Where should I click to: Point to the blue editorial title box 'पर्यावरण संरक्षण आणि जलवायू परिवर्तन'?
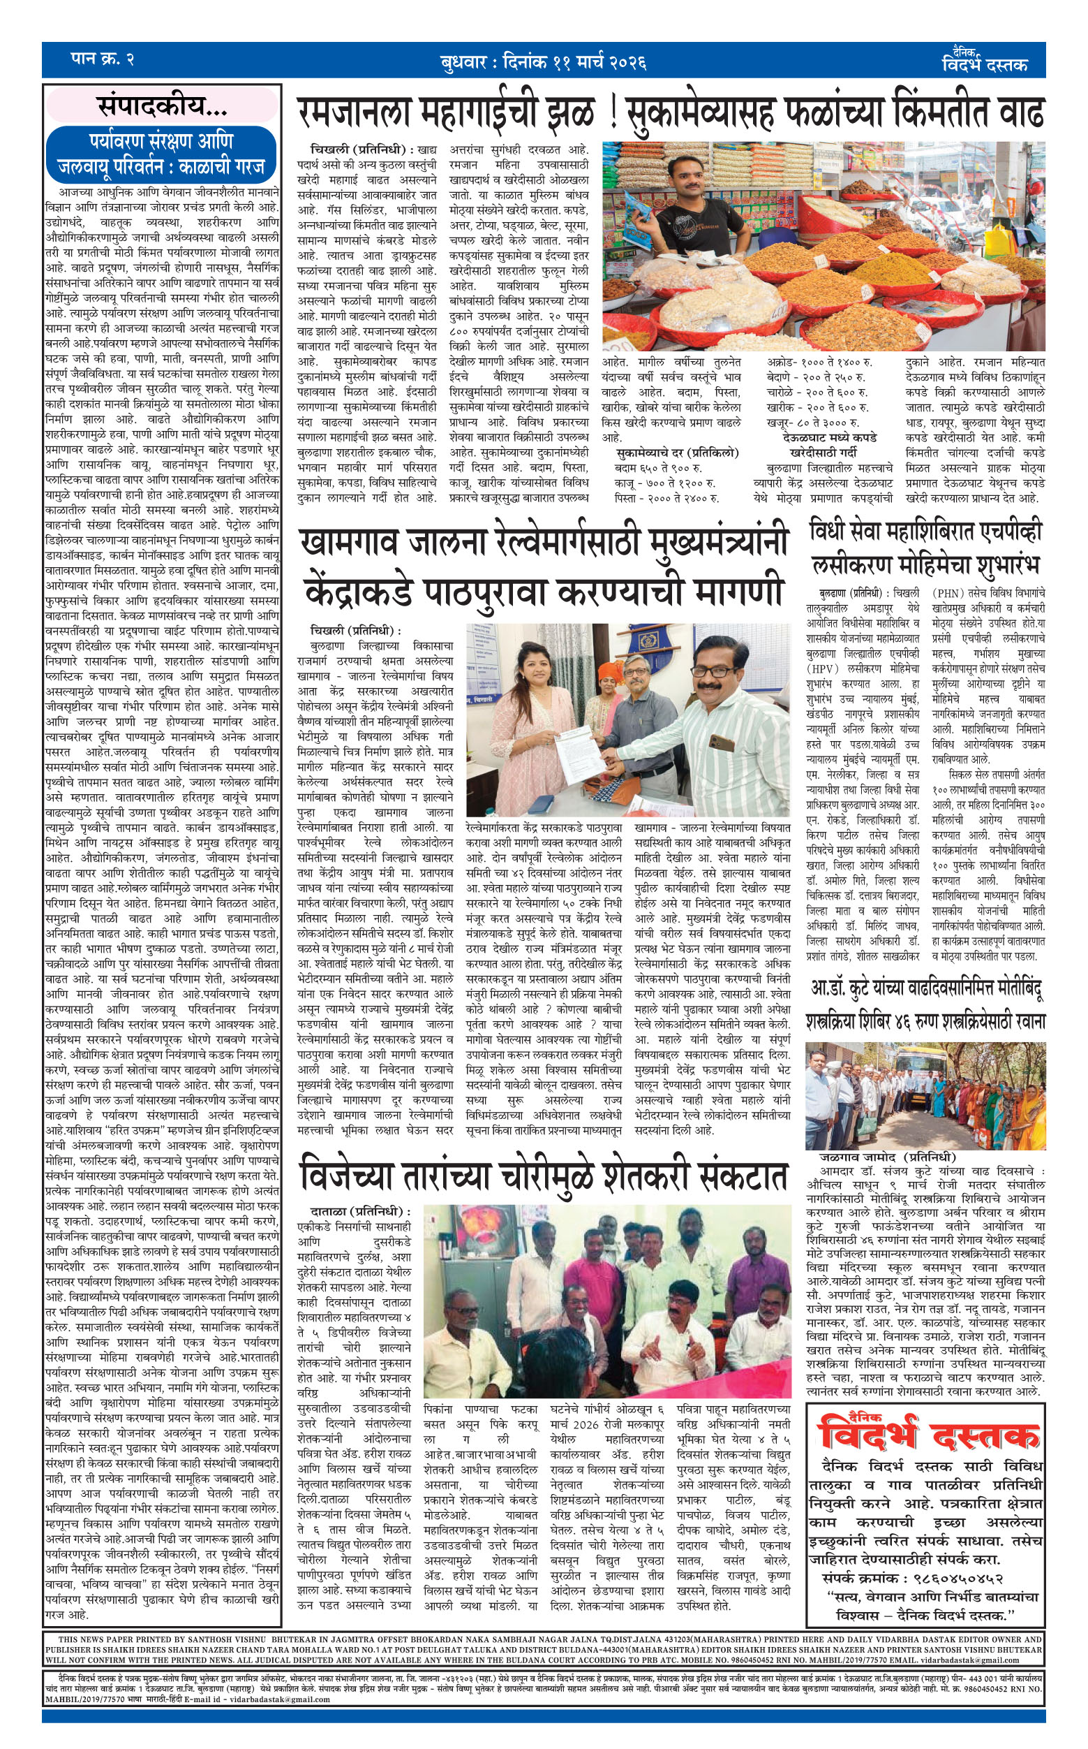click(161, 154)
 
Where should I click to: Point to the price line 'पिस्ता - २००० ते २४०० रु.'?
click(666, 497)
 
